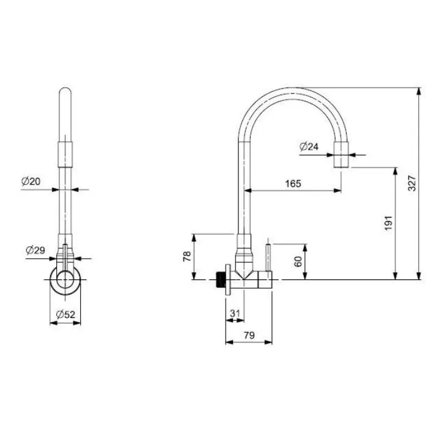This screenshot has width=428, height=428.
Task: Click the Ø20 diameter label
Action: pyautogui.click(x=31, y=181)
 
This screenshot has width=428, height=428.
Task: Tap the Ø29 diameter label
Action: pyautogui.click(x=35, y=250)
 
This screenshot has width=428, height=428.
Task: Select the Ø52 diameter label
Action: pyautogui.click(x=65, y=314)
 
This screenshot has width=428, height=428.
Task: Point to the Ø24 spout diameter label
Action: pyautogui.click(x=309, y=147)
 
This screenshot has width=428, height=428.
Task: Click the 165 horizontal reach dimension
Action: pyautogui.click(x=293, y=183)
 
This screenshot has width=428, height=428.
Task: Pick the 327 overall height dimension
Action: pyautogui.click(x=412, y=183)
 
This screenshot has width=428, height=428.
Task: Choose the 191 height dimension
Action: pyautogui.click(x=388, y=223)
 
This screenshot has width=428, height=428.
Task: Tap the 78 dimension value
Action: pyautogui.click(x=187, y=257)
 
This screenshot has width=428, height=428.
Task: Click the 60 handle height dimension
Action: pyautogui.click(x=298, y=261)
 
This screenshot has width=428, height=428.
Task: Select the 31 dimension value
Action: pyautogui.click(x=235, y=313)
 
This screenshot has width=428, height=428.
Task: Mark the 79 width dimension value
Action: pyautogui.click(x=249, y=335)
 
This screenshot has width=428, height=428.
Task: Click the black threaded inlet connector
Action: pyautogui.click(x=220, y=279)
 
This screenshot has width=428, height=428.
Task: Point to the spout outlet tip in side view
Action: pyautogui.click(x=341, y=155)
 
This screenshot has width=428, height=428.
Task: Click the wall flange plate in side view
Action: pyautogui.click(x=227, y=279)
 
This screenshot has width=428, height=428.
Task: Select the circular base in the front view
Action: pyautogui.click(x=65, y=280)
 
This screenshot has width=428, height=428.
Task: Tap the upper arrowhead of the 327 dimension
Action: pyautogui.click(x=419, y=91)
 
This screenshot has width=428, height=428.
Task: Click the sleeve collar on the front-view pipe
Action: pyautogui.click(x=65, y=154)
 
